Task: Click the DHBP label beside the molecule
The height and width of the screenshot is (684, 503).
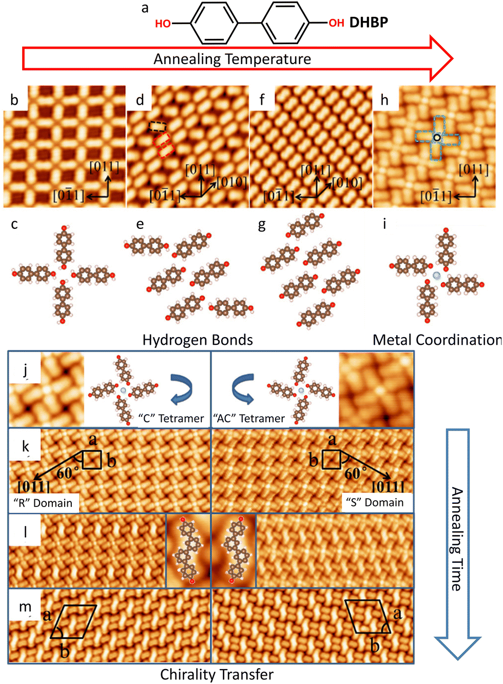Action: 369,23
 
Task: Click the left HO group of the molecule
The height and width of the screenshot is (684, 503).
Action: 163,24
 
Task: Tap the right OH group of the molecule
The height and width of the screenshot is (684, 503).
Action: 336,23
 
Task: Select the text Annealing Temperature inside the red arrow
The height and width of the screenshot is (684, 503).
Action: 232,59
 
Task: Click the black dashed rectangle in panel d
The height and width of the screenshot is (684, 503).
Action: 158,126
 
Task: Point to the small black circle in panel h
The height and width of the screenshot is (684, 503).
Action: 437,138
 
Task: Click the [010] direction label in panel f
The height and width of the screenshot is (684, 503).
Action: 347,183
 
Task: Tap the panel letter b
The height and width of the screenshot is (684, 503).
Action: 14,100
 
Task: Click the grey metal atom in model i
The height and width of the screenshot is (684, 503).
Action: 437,276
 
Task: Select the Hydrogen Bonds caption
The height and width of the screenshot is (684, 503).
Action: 198,340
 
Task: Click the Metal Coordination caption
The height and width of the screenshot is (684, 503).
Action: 437,340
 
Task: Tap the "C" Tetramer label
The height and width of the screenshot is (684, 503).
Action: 171,418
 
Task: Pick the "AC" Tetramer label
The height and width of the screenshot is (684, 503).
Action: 249,418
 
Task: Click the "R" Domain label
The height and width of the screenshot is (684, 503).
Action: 43,503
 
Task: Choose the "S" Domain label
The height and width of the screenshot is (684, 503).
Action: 375,502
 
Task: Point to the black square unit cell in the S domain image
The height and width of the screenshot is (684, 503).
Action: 332,459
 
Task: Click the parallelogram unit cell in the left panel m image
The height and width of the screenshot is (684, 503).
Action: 73,622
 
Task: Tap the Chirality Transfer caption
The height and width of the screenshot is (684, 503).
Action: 217,674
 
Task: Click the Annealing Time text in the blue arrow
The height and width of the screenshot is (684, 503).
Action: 456,539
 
